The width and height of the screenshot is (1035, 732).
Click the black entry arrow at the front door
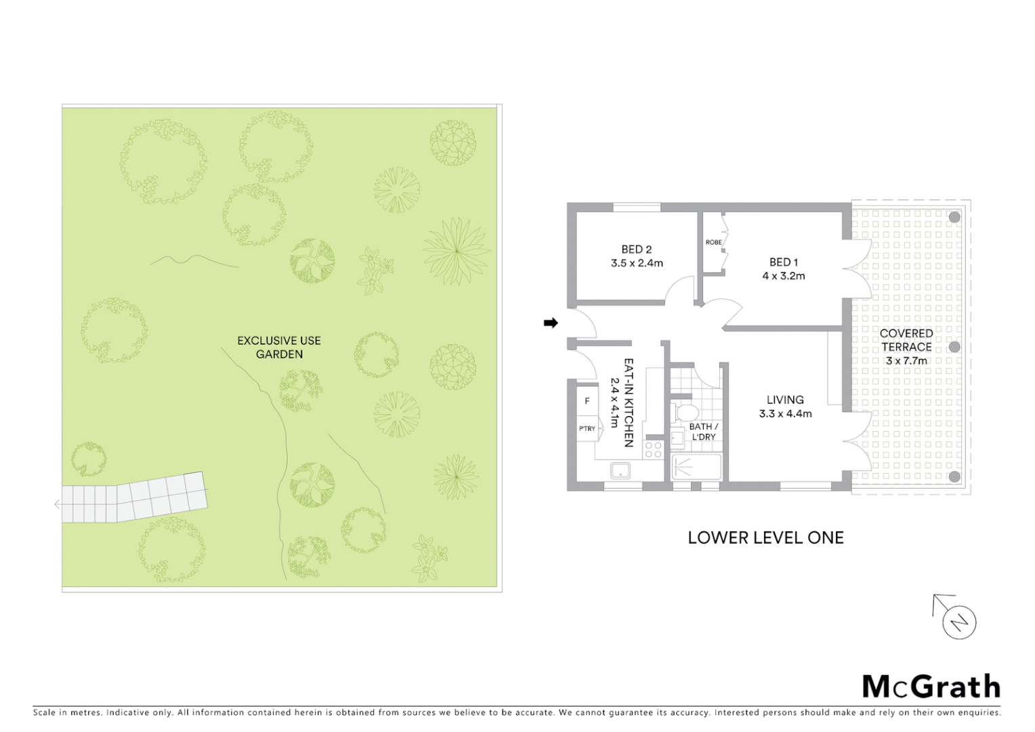click(551, 323)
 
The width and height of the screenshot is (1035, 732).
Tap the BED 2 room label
click(636, 249)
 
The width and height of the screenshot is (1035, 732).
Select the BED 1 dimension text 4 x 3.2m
click(784, 276)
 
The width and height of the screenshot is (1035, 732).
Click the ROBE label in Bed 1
click(713, 243)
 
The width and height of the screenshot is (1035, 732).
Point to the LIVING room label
click(785, 400)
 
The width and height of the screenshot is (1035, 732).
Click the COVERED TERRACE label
click(906, 340)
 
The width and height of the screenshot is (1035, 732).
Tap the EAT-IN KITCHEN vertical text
click(628, 403)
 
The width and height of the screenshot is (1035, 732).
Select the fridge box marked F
click(587, 401)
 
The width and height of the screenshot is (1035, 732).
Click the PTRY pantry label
click(587, 428)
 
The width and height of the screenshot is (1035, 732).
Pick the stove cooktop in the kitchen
click(654, 449)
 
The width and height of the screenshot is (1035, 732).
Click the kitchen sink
click(620, 470)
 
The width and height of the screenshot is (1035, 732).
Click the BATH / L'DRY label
click(704, 432)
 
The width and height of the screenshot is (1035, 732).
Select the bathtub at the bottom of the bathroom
click(696, 467)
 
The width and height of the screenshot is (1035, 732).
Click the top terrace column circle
click(954, 218)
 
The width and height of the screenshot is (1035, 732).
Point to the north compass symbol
click(958, 622)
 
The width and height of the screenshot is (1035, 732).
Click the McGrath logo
click(931, 687)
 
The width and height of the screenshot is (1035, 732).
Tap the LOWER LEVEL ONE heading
click(765, 537)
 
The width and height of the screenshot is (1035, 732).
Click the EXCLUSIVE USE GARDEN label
click(279, 347)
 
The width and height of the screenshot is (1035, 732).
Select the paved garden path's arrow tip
click(57, 504)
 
